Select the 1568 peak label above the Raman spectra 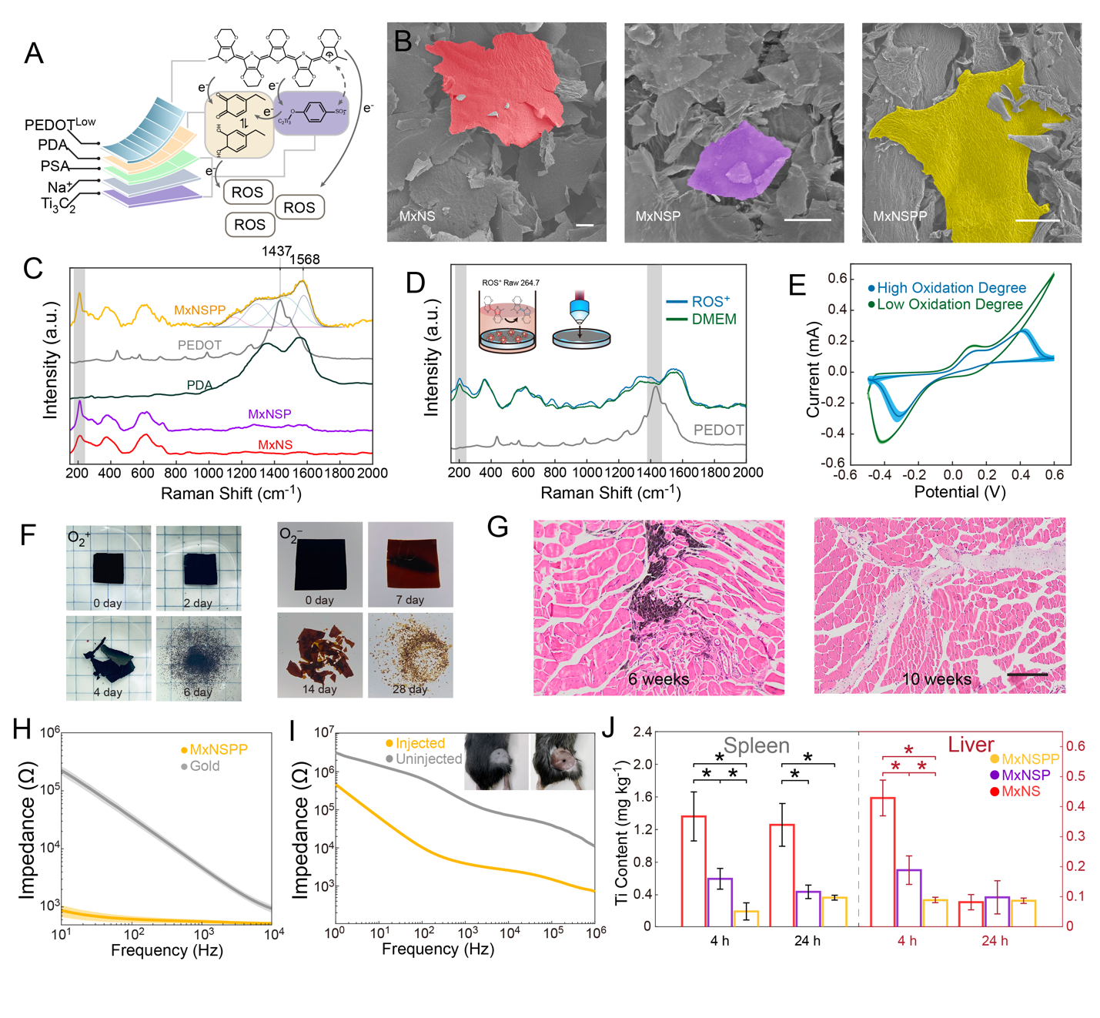click(x=305, y=260)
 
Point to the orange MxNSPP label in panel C click(x=199, y=310)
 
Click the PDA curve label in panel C click(x=199, y=385)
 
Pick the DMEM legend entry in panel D click(x=713, y=320)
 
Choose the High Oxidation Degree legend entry click(x=951, y=288)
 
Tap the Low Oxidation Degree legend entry click(x=949, y=304)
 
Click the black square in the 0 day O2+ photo click(x=109, y=568)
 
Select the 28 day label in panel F click(x=410, y=689)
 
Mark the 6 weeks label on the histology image click(x=658, y=679)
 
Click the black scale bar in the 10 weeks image click(x=1027, y=675)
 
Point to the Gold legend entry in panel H click(x=204, y=766)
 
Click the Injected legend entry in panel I click(x=420, y=743)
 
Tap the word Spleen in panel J click(x=756, y=745)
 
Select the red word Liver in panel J click(x=971, y=745)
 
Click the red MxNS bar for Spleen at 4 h click(x=694, y=871)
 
